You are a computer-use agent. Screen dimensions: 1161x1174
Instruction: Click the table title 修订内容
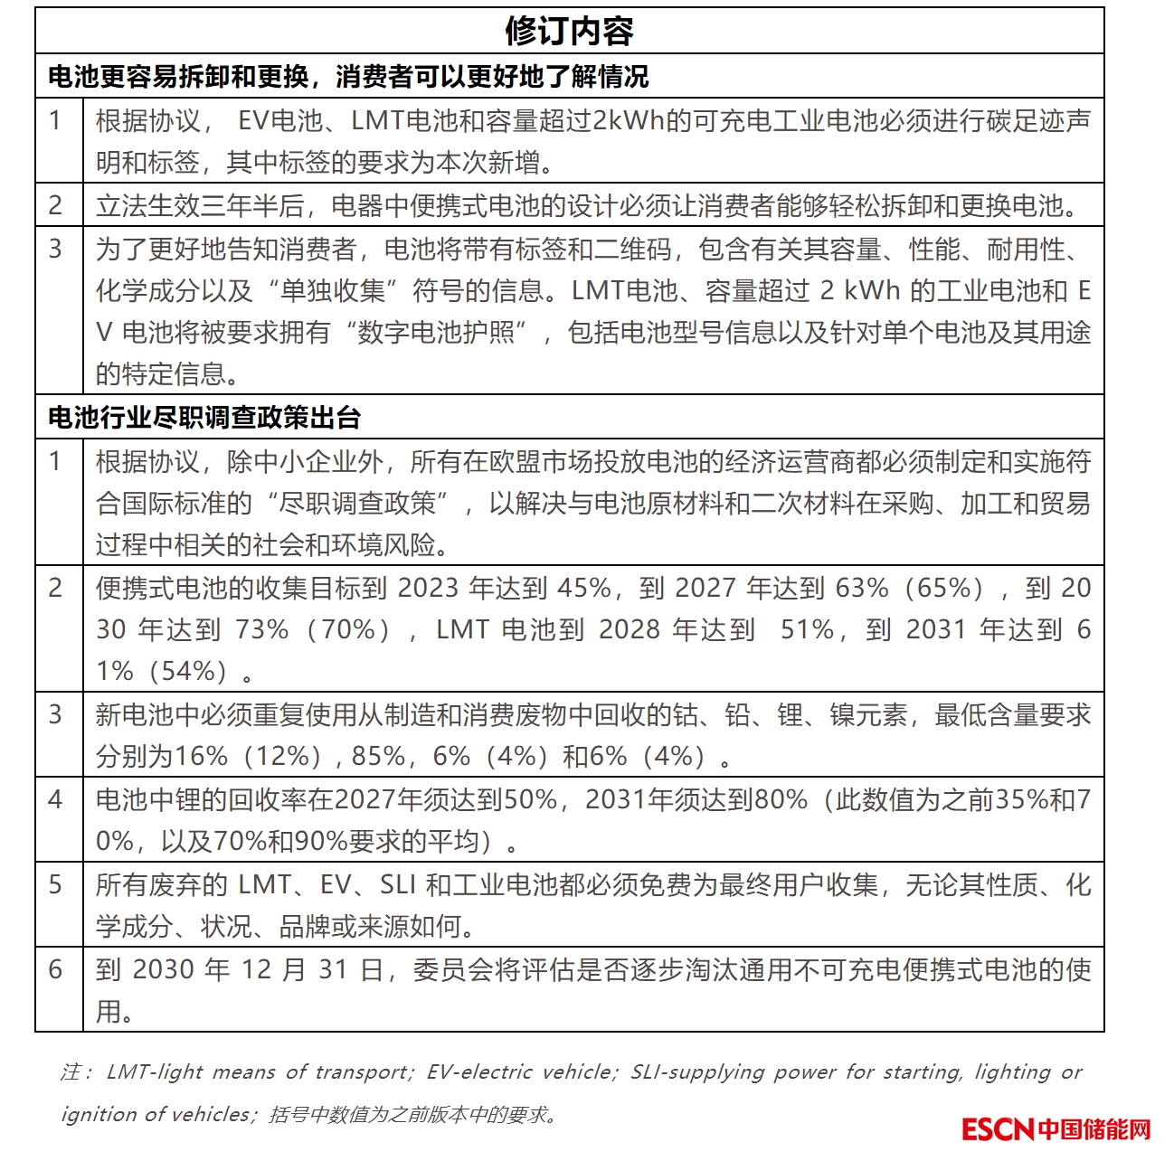pyautogui.click(x=569, y=31)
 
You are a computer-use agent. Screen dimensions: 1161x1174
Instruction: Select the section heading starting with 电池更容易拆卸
pyautogui.click(x=347, y=77)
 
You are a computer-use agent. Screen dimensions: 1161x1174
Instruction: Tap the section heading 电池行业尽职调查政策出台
pyautogui.click(x=204, y=418)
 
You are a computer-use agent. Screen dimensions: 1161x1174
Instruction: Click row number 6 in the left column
pyautogui.click(x=56, y=969)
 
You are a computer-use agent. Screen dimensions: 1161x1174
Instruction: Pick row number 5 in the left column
pyautogui.click(x=56, y=884)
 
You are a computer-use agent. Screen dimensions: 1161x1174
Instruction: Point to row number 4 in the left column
pyautogui.click(x=56, y=799)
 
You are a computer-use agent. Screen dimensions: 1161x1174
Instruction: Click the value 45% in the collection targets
pyautogui.click(x=584, y=588)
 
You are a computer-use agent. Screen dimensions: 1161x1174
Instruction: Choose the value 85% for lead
pyautogui.click(x=378, y=756)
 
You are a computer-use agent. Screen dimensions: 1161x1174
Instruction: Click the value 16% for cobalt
pyautogui.click(x=201, y=756)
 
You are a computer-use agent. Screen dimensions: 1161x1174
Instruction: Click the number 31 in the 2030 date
pyautogui.click(x=333, y=969)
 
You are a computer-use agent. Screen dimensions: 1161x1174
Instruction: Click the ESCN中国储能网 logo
pyautogui.click(x=1056, y=1129)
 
